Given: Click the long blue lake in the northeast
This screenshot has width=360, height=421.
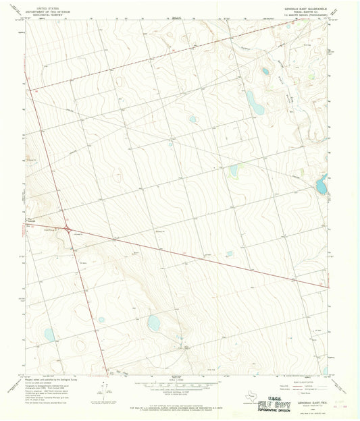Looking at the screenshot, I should pyautogui.click(x=255, y=101).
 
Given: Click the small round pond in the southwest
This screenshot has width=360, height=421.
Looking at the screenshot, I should pyautogui.click(x=101, y=320).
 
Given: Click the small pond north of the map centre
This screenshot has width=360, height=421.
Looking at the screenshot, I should pyautogui.click(x=193, y=119).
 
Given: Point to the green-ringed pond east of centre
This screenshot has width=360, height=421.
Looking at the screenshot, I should pyautogui.click(x=234, y=171).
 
